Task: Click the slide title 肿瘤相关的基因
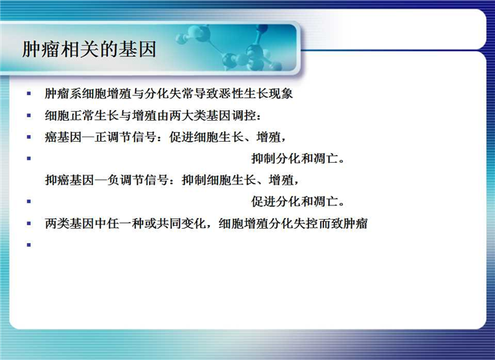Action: (89, 49)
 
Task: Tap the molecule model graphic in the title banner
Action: (230, 47)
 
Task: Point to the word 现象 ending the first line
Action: (281, 94)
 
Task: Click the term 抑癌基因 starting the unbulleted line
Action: (70, 180)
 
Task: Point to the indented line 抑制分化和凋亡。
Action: (298, 158)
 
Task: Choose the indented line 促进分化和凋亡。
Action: (298, 202)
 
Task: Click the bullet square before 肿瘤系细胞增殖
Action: (29, 94)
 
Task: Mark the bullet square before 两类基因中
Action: (29, 223)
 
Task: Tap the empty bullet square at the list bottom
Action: (29, 244)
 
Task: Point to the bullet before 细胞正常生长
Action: (29, 115)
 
